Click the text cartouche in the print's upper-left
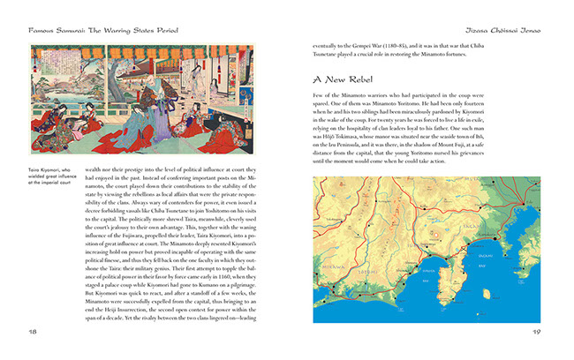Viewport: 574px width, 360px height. coord(40,59)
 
